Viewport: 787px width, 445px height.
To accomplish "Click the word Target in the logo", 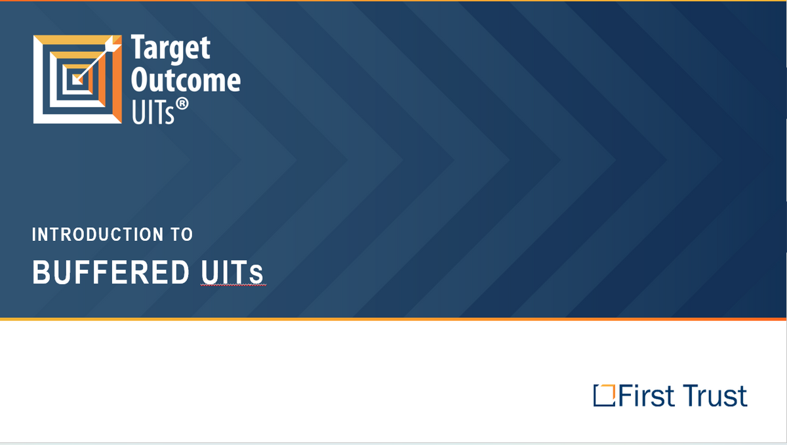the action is (171, 49).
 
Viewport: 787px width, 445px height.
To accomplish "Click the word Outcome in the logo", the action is (186, 80).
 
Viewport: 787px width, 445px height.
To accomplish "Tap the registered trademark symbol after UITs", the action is (182, 104).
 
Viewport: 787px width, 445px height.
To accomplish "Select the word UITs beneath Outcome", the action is (153, 112).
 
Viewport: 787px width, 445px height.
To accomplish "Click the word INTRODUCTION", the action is (98, 234).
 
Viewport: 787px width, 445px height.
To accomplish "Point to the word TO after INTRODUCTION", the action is (182, 234).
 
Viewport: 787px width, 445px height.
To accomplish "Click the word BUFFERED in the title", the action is (111, 272).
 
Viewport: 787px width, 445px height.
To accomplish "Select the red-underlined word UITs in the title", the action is (232, 272).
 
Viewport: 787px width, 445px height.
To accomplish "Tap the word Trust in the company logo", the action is (715, 396).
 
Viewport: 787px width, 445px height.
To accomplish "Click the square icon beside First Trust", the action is (604, 395).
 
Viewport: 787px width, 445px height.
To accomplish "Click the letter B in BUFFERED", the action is (41, 272).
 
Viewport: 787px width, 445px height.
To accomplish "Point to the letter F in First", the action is (626, 395).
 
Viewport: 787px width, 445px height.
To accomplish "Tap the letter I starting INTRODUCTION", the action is (34, 234).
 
